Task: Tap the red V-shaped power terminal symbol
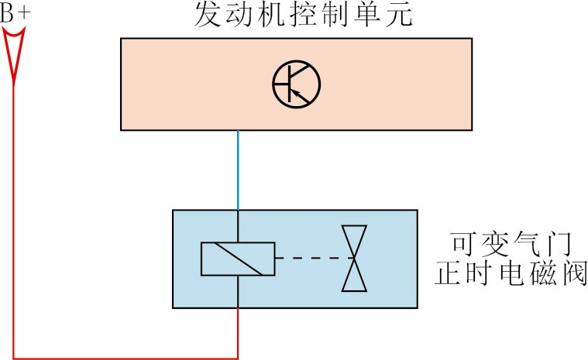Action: [14, 54]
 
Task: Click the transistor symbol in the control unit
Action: [296, 83]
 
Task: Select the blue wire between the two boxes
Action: [238, 170]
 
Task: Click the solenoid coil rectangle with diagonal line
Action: [238, 259]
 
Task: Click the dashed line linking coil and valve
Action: [310, 258]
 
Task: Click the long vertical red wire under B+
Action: [14, 225]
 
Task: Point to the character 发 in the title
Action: [208, 16]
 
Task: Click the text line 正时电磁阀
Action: [511, 274]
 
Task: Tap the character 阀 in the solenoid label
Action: [573, 274]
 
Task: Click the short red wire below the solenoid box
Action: [238, 333]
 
